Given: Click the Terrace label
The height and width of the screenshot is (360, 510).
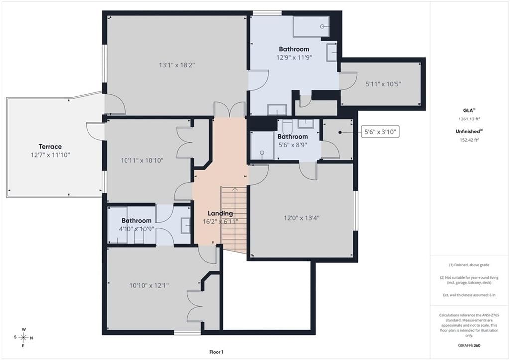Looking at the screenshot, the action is (50, 147).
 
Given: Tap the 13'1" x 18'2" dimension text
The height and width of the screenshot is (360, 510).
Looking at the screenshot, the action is (177, 65).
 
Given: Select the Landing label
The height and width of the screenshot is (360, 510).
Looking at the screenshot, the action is (220, 213).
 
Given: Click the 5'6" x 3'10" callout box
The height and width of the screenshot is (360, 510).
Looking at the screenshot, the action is (380, 132).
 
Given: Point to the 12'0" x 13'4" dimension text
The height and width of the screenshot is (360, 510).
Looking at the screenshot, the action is (302, 218).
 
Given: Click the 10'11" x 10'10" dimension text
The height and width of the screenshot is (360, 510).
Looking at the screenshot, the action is (142, 160).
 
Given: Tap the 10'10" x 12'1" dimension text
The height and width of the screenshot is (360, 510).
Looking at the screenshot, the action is (149, 285).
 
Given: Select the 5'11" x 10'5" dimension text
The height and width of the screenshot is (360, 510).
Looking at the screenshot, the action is (383, 84).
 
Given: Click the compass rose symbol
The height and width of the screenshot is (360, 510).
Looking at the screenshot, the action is (24, 337).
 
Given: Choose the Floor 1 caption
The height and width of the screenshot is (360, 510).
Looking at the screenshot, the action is (216, 352).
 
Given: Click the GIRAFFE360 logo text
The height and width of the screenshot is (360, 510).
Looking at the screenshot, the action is (469, 345).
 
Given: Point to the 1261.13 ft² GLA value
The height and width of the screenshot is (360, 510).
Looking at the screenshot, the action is (469, 119).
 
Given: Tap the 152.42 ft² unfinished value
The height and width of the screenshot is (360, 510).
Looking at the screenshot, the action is (469, 140).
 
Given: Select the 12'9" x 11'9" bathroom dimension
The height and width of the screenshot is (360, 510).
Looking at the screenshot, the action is (294, 58).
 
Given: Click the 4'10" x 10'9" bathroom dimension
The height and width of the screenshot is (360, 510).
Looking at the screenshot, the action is (136, 229).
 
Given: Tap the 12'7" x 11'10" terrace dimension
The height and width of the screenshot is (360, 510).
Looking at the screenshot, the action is (50, 155).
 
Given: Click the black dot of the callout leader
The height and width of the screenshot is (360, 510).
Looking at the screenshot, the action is (340, 132).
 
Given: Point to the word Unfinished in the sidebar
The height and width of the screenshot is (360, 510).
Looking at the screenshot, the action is (468, 132).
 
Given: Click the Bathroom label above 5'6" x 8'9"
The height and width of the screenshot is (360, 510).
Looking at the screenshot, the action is (293, 137).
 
